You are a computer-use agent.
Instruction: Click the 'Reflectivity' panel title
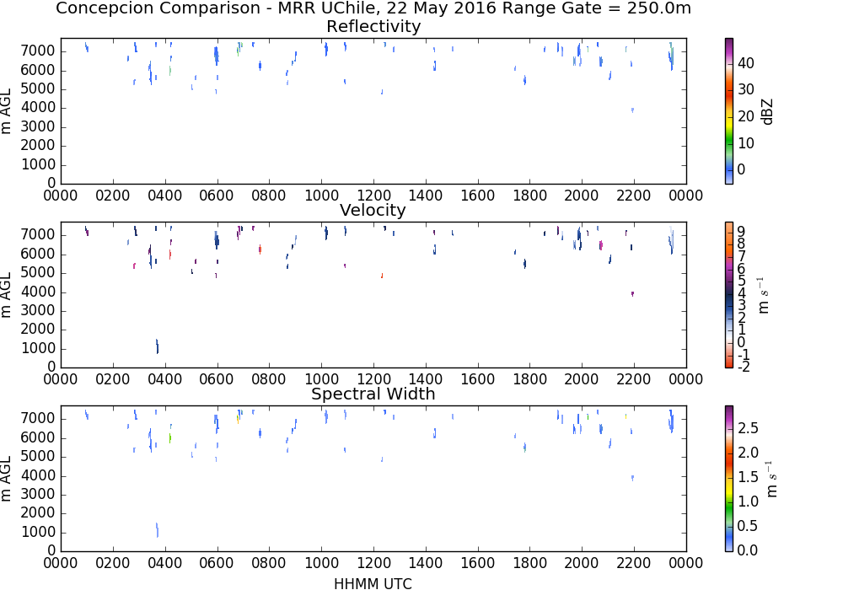(x=373, y=26)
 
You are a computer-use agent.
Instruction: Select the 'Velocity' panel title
(x=373, y=210)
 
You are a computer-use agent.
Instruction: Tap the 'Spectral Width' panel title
(x=373, y=394)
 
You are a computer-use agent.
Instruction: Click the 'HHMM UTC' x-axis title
(x=373, y=583)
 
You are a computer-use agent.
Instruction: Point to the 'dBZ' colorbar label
(x=767, y=112)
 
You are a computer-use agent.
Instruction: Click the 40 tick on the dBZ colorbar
(x=746, y=63)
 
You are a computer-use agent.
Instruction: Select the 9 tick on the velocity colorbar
(x=741, y=231)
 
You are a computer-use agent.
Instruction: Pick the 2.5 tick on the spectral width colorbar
(x=748, y=427)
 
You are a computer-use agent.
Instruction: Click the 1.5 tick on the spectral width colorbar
(x=748, y=476)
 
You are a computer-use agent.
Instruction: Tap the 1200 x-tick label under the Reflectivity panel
(x=373, y=195)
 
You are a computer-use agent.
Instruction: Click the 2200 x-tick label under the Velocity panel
(x=634, y=378)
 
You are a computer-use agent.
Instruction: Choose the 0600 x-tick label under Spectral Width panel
(x=217, y=562)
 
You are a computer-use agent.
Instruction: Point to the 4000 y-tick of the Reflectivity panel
(x=38, y=108)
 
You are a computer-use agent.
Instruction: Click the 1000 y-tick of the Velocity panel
(x=38, y=348)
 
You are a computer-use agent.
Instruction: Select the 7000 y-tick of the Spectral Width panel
(x=38, y=418)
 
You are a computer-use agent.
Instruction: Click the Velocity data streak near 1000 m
(x=157, y=346)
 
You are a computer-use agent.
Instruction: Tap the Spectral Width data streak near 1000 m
(x=157, y=530)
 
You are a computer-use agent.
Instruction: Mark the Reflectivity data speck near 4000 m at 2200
(x=633, y=110)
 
